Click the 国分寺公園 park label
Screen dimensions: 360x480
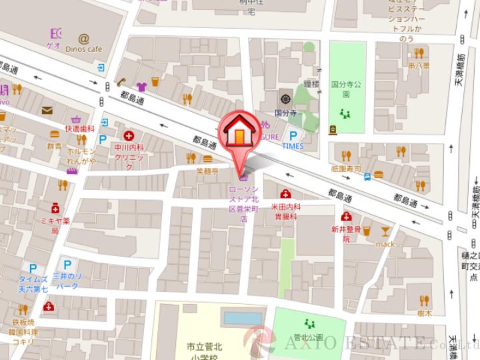[345, 89]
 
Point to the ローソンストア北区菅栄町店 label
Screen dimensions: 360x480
[243, 203]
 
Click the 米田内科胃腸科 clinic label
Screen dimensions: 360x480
[285, 211]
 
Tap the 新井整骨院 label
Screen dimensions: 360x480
[346, 233]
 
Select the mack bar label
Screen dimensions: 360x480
[385, 244]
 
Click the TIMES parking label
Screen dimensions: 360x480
[292, 145]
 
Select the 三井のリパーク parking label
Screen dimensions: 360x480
[66, 281]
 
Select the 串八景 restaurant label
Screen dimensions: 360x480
[419, 67]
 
